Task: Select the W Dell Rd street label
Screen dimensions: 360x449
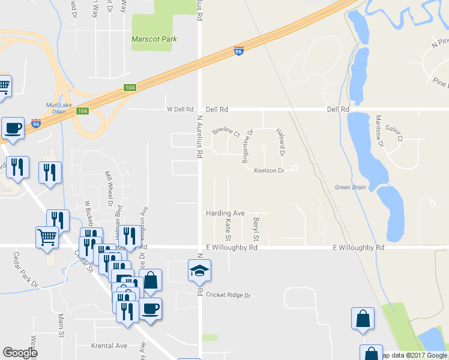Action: pyautogui.click(x=182, y=109)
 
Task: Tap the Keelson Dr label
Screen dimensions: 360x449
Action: pyautogui.click(x=268, y=170)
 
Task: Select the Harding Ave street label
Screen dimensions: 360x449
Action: pyautogui.click(x=225, y=213)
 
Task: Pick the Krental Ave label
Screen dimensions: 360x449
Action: pyautogui.click(x=109, y=346)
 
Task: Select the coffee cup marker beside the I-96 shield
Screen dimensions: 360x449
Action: pyautogui.click(x=13, y=127)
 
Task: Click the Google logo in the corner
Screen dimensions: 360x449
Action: pyautogui.click(x=20, y=353)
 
